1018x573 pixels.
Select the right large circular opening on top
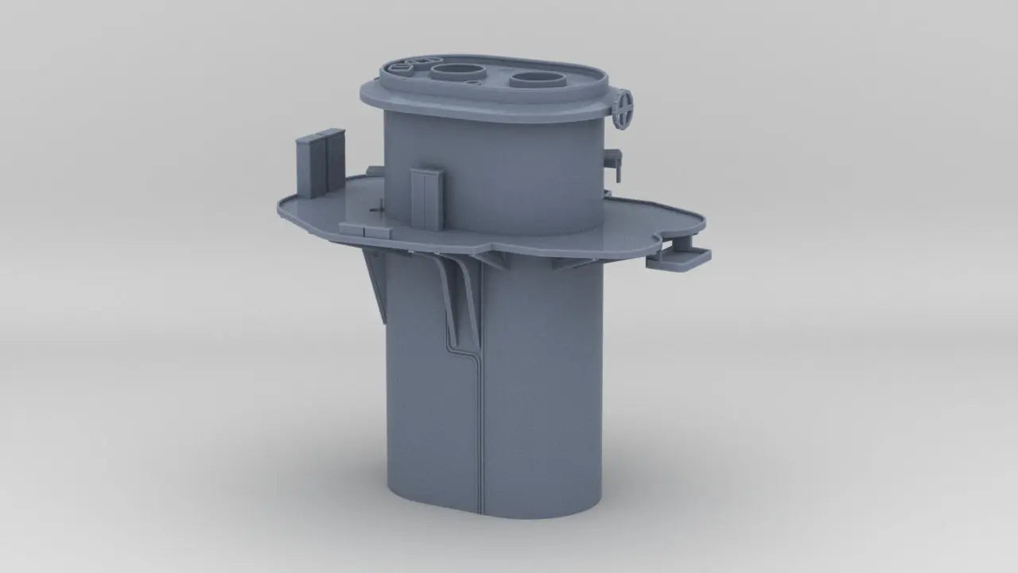click(536, 79)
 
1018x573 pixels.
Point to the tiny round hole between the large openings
click(474, 83)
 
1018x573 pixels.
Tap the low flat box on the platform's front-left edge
click(365, 229)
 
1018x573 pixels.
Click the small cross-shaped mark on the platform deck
click(380, 208)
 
